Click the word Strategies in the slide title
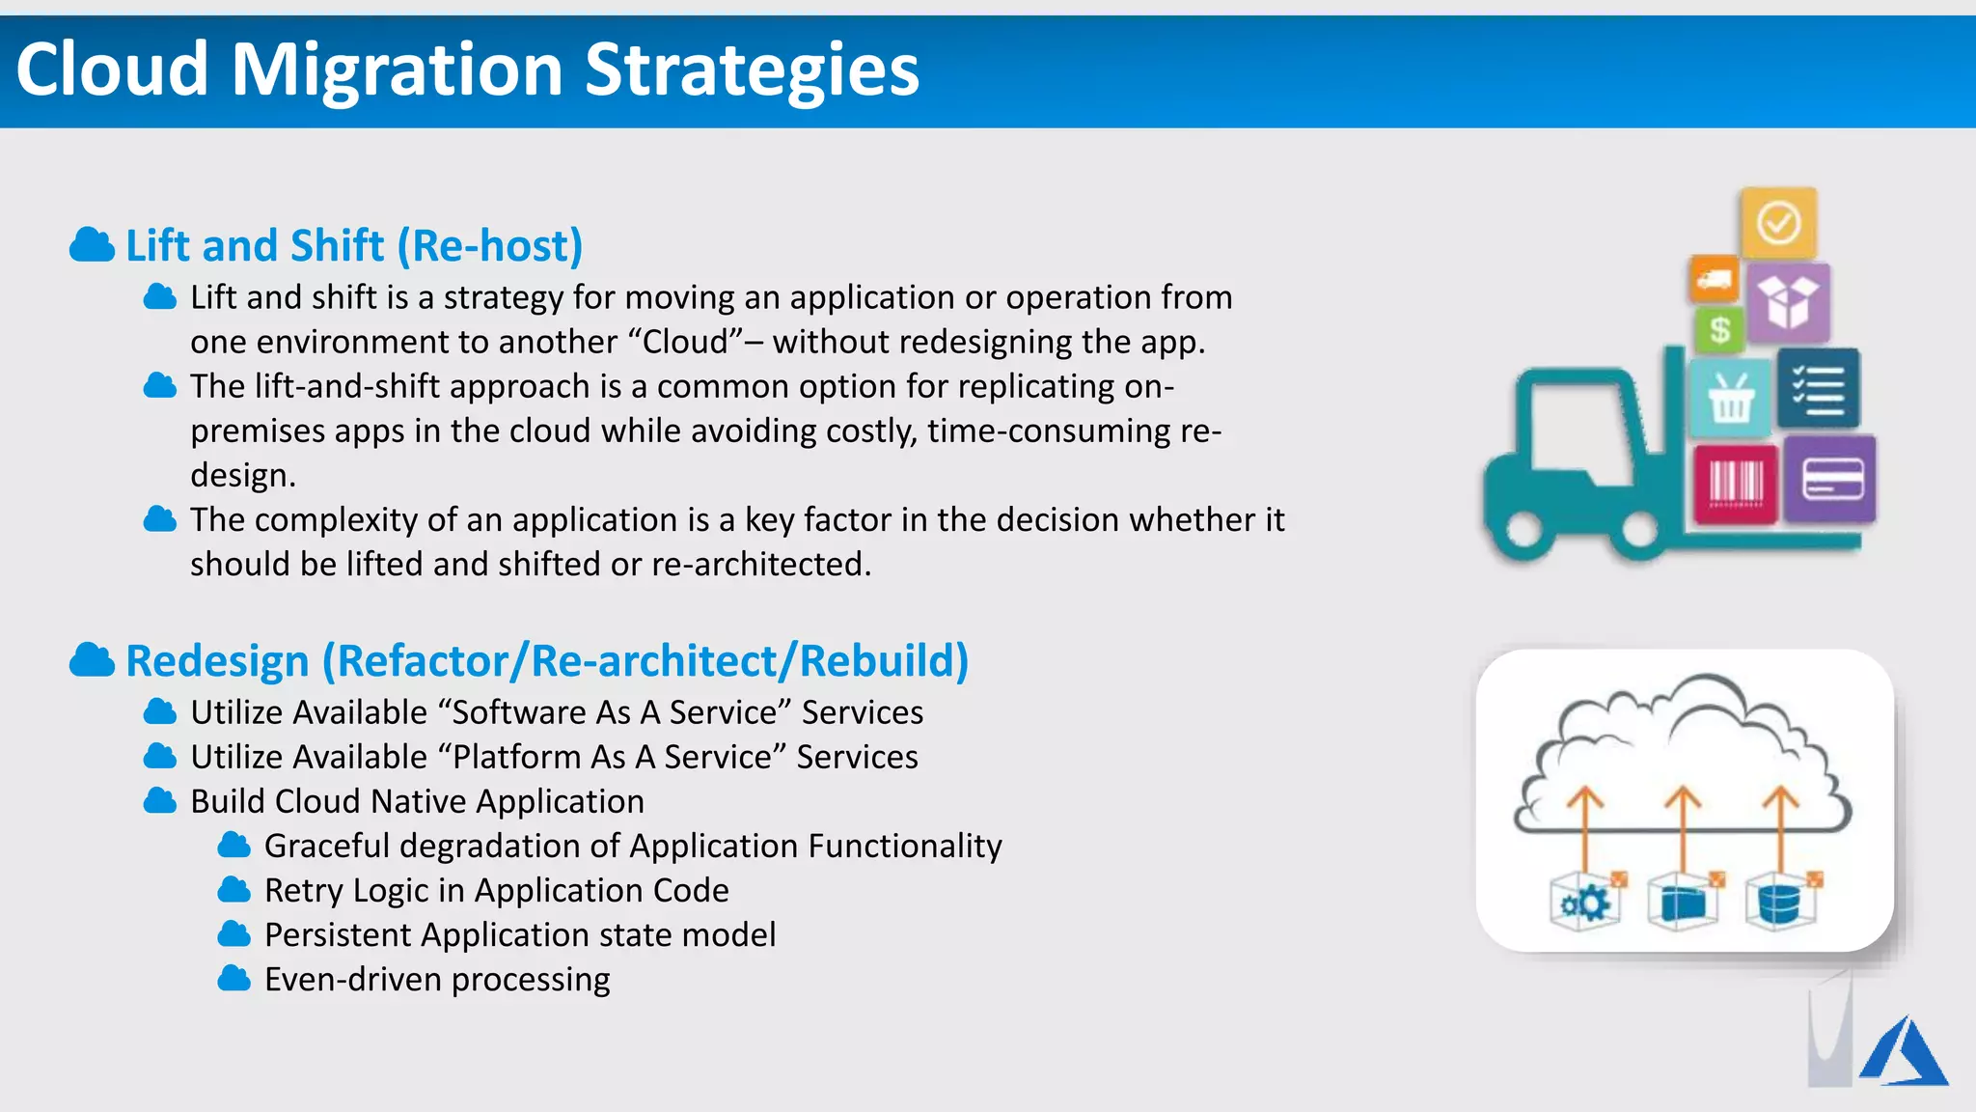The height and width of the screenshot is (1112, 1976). [752, 70]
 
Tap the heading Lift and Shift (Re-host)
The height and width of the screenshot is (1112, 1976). [354, 245]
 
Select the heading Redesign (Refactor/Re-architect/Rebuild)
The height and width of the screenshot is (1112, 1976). [547, 661]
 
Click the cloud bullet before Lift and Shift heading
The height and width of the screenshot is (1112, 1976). [93, 245]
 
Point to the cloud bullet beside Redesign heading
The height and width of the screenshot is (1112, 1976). [93, 661]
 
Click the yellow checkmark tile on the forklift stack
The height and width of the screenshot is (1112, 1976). [1778, 223]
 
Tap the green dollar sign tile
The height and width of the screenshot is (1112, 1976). [1718, 330]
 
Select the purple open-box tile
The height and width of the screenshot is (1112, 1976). [1788, 302]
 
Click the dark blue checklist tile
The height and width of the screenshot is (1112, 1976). [1818, 389]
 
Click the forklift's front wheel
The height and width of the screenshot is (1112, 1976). [1639, 530]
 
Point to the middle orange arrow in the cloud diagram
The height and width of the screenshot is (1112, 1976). [1683, 825]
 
